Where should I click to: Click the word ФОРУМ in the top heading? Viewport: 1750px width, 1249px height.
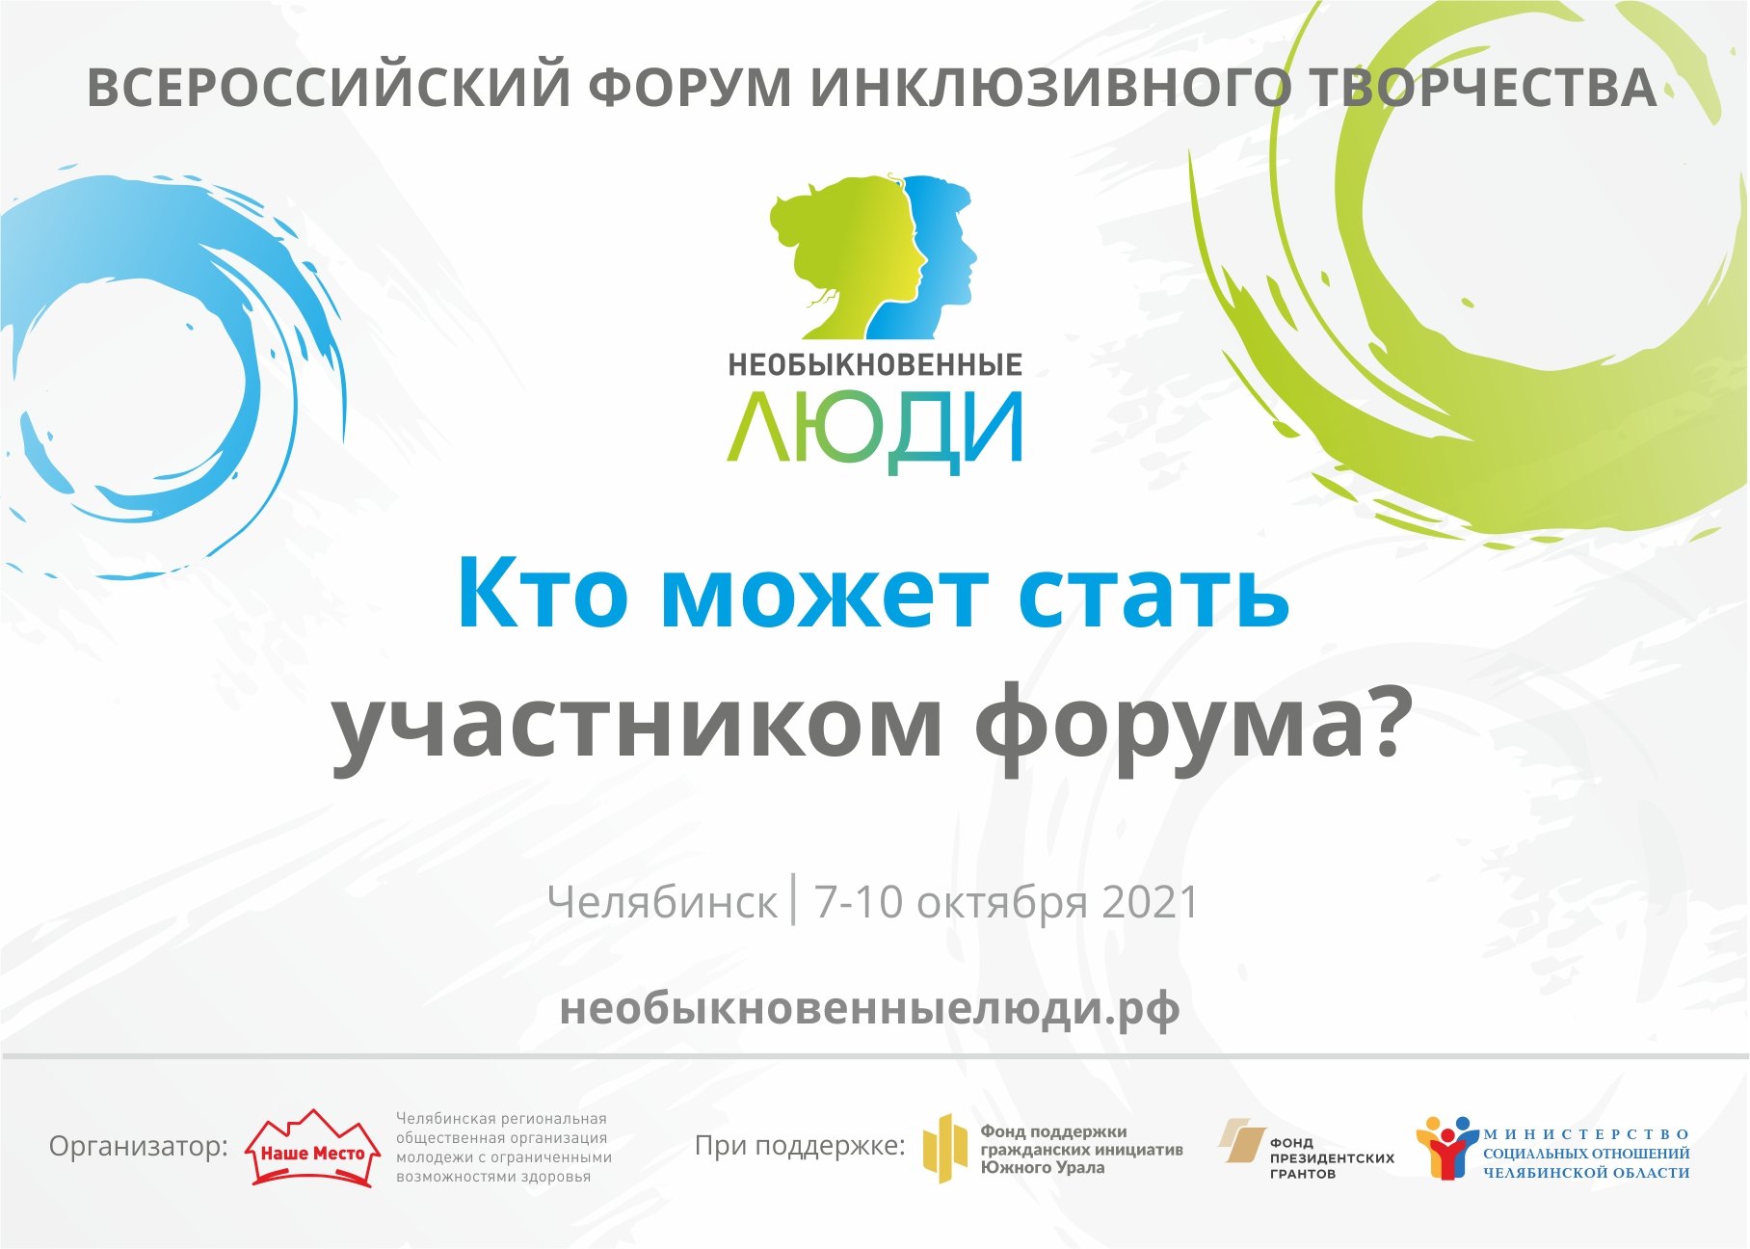click(x=690, y=87)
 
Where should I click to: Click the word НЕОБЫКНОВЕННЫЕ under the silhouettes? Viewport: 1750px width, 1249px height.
click(x=875, y=365)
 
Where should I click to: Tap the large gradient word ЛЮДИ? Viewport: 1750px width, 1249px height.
click(x=875, y=430)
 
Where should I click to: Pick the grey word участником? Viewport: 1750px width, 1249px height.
click(x=637, y=729)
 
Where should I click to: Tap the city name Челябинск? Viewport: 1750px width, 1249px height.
click(x=661, y=903)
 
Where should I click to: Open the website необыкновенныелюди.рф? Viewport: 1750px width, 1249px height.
click(x=869, y=1010)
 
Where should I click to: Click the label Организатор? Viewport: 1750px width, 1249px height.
click(x=139, y=1147)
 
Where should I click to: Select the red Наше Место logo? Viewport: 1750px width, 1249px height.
click(x=312, y=1148)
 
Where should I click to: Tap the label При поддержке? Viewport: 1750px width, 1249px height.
click(x=800, y=1146)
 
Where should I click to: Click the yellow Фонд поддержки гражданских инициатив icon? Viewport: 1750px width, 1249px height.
click(x=944, y=1148)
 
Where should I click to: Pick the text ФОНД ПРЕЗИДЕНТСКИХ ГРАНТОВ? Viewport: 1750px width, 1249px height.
click(x=1332, y=1157)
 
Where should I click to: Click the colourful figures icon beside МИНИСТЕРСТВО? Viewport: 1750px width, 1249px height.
click(x=1447, y=1148)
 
